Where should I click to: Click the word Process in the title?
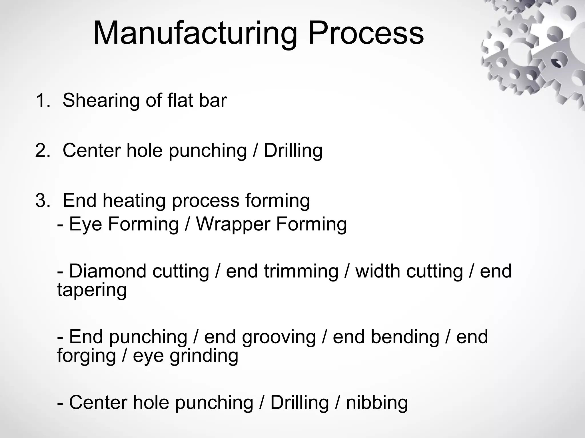coord(366,34)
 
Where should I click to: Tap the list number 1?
coord(43,100)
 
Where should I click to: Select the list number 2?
coord(43,150)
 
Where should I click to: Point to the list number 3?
coord(43,200)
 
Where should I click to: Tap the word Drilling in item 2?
coord(293,151)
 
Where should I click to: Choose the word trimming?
coord(301,271)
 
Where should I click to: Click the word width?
coord(378,271)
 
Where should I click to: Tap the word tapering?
coord(92,290)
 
